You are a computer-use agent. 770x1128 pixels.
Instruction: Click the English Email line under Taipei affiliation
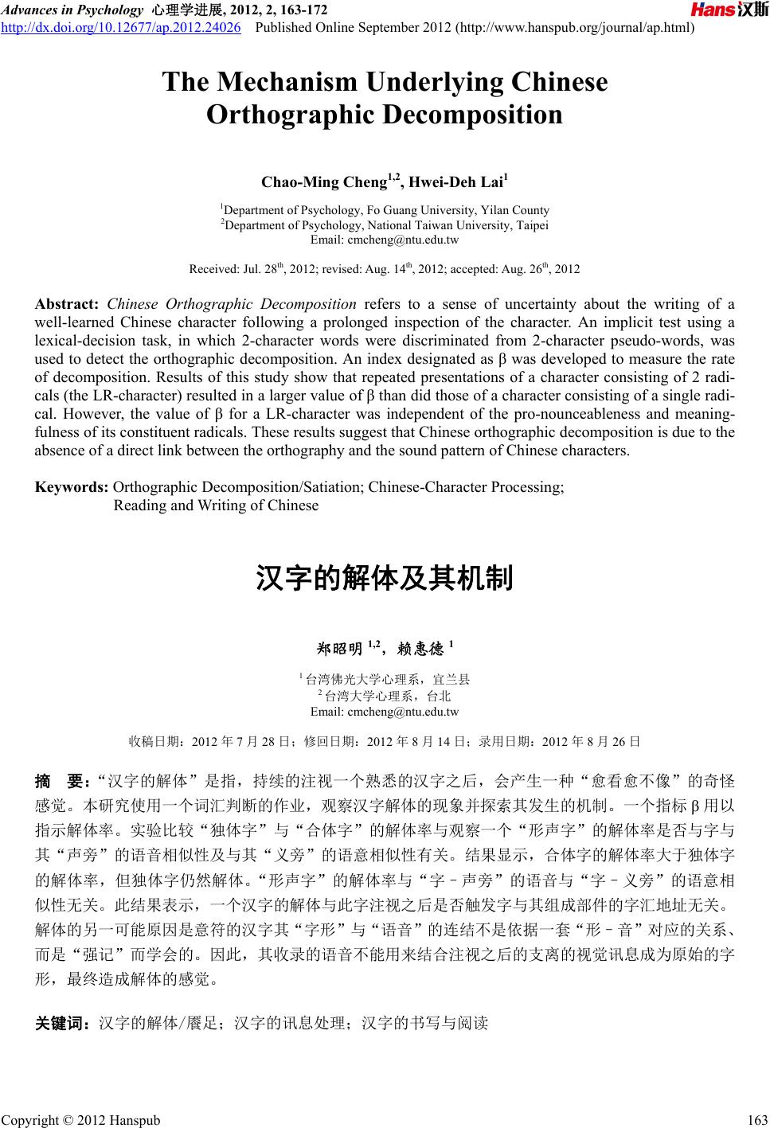(x=385, y=240)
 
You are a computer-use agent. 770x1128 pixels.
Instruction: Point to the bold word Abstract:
(x=67, y=303)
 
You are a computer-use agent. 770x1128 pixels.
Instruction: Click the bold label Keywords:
(x=72, y=488)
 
